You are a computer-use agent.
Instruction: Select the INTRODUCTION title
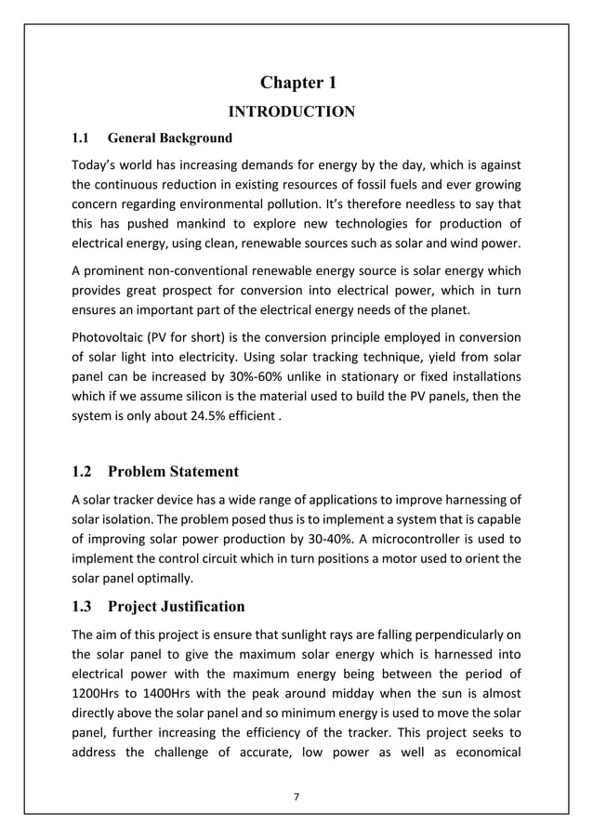[x=292, y=113]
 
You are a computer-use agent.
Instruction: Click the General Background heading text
[x=170, y=139]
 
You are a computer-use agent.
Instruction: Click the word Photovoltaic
[x=110, y=337]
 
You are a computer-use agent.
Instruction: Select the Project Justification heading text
[x=177, y=608]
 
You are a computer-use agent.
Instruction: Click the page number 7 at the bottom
[x=296, y=794]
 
